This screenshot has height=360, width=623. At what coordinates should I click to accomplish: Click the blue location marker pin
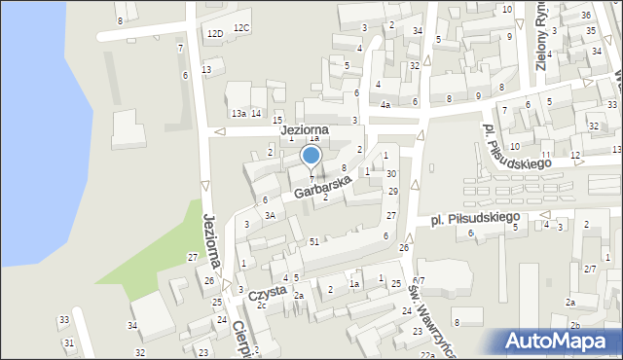311,156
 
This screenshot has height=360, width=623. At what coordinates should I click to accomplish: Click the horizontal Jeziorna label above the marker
304,128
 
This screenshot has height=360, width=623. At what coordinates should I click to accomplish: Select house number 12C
241,28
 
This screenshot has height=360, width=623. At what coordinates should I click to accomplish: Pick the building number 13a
238,114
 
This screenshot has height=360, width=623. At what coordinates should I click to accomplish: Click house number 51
313,241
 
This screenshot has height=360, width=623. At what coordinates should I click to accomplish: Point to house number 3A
271,215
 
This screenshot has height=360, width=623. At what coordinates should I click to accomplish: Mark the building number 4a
385,105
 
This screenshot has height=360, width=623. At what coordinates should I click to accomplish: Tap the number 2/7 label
590,268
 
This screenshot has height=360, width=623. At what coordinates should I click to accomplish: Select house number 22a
426,355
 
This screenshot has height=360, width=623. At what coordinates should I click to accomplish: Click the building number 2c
262,306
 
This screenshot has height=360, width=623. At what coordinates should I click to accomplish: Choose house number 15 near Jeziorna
277,120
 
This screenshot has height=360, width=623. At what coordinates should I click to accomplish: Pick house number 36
585,16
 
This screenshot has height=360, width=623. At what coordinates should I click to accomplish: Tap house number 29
392,191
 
